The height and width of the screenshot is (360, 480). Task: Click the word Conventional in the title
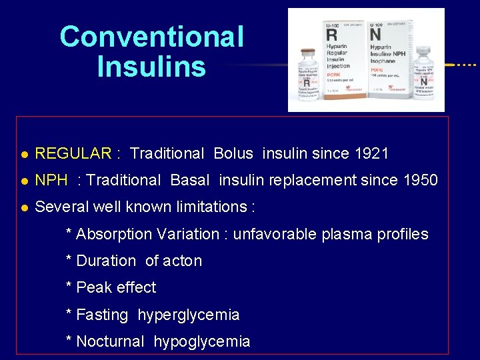coord(151,37)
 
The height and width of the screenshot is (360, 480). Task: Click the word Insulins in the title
coord(151,67)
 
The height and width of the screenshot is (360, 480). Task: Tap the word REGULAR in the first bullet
coord(73,153)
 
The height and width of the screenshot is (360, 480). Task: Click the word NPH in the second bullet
coord(51,180)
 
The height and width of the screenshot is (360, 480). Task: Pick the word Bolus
coord(233,153)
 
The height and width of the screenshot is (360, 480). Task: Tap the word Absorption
coord(114,234)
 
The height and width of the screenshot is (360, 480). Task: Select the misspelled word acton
coord(181,261)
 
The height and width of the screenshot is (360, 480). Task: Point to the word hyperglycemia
coord(189,315)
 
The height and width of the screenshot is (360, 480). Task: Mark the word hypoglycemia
coord(202,342)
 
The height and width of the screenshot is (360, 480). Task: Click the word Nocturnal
coord(110,342)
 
